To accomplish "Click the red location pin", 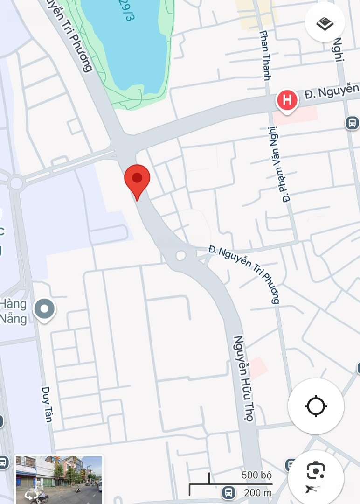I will click(137, 180).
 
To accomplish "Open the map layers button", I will click(325, 22).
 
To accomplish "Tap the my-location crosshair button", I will click(316, 406).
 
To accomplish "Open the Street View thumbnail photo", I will click(59, 480).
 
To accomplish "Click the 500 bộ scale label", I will click(256, 476).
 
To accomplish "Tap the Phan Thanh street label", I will click(264, 55).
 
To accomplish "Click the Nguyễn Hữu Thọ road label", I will click(244, 378).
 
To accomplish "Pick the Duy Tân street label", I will click(47, 404).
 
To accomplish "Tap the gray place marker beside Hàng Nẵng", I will click(45, 309).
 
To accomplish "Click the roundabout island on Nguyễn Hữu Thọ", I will click(181, 255).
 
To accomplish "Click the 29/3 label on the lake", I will click(125, 10).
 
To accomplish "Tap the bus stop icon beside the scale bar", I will click(228, 491).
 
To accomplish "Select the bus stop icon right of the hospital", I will click(352, 123).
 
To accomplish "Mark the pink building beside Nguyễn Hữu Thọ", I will click(258, 368).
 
